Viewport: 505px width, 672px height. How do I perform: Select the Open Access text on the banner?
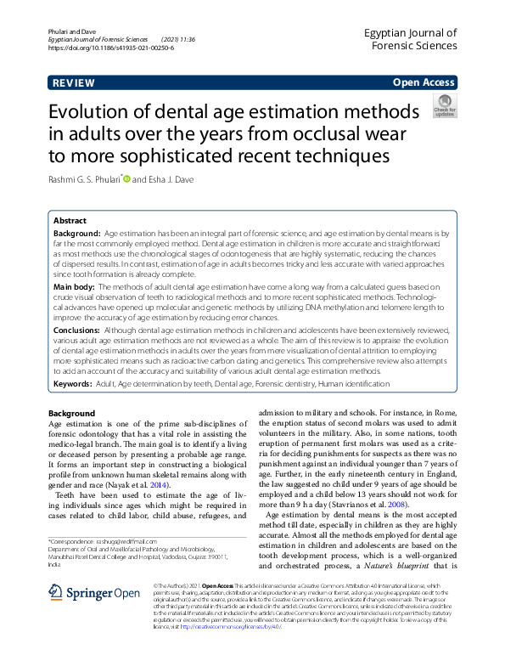pos(423,82)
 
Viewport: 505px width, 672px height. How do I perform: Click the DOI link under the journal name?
pos(111,48)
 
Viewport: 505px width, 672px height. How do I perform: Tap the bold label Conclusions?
pos(78,328)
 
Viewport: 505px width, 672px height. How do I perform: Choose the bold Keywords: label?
pos(74,384)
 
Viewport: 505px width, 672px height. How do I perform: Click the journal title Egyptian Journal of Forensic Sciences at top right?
pos(410,40)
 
